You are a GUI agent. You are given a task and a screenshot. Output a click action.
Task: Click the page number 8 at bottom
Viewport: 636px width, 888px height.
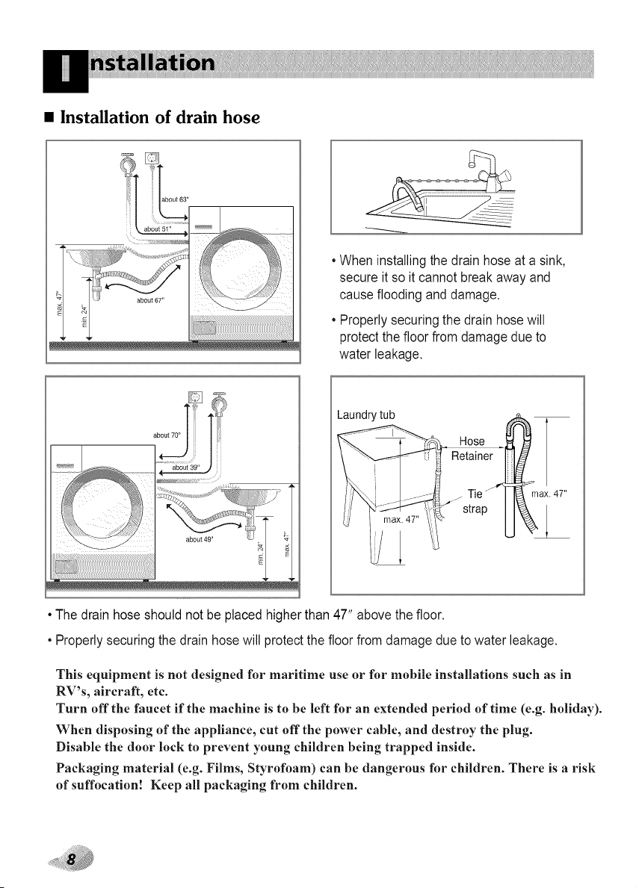coord(72,858)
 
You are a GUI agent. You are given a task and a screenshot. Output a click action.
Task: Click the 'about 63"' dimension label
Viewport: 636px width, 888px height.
coord(175,199)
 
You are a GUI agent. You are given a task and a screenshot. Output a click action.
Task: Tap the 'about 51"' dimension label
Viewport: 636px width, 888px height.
coord(158,229)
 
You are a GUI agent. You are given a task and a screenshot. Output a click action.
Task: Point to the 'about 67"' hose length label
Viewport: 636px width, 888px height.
coord(150,300)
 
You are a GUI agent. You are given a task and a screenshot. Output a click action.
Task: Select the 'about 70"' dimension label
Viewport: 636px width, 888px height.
coord(167,435)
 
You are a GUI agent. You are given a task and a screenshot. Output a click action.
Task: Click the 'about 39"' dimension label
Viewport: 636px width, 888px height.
coord(185,468)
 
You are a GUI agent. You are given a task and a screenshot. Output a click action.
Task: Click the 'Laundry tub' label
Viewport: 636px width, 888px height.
coord(365,415)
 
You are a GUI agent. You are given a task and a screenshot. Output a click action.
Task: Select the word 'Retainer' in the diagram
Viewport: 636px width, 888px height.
coord(472,456)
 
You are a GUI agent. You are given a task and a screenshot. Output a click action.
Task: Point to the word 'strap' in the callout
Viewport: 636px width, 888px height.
coord(475,509)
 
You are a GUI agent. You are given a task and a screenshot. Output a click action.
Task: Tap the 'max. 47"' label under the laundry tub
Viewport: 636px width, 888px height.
coord(401,520)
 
